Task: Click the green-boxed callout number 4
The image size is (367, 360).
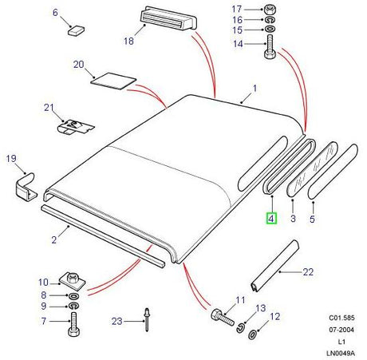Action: tap(271, 219)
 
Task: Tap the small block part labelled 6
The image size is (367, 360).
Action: tap(76, 30)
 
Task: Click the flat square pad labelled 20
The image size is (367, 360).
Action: tap(113, 81)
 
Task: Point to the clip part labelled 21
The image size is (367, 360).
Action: tap(75, 127)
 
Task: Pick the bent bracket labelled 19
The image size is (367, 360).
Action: tap(26, 187)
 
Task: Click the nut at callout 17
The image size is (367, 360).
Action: tap(270, 10)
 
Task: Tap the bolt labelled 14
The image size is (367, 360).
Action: tap(270, 47)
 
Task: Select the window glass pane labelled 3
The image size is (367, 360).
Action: tap(313, 169)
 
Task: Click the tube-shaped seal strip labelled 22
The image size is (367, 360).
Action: tap(274, 267)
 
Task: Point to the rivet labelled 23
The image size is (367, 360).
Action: tap(147, 319)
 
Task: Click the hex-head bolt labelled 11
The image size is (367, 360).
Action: tap(223, 317)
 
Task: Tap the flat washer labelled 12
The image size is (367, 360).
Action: tap(252, 334)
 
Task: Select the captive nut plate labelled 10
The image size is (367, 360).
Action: tap(72, 281)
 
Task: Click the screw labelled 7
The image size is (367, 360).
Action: tap(73, 324)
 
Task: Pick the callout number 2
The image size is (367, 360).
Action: tap(54, 240)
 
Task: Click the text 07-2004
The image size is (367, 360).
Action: tap(341, 330)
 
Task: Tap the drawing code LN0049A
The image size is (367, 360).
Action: tap(341, 353)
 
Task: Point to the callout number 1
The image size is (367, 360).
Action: tap(255, 89)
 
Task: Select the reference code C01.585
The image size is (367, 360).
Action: tap(341, 318)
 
